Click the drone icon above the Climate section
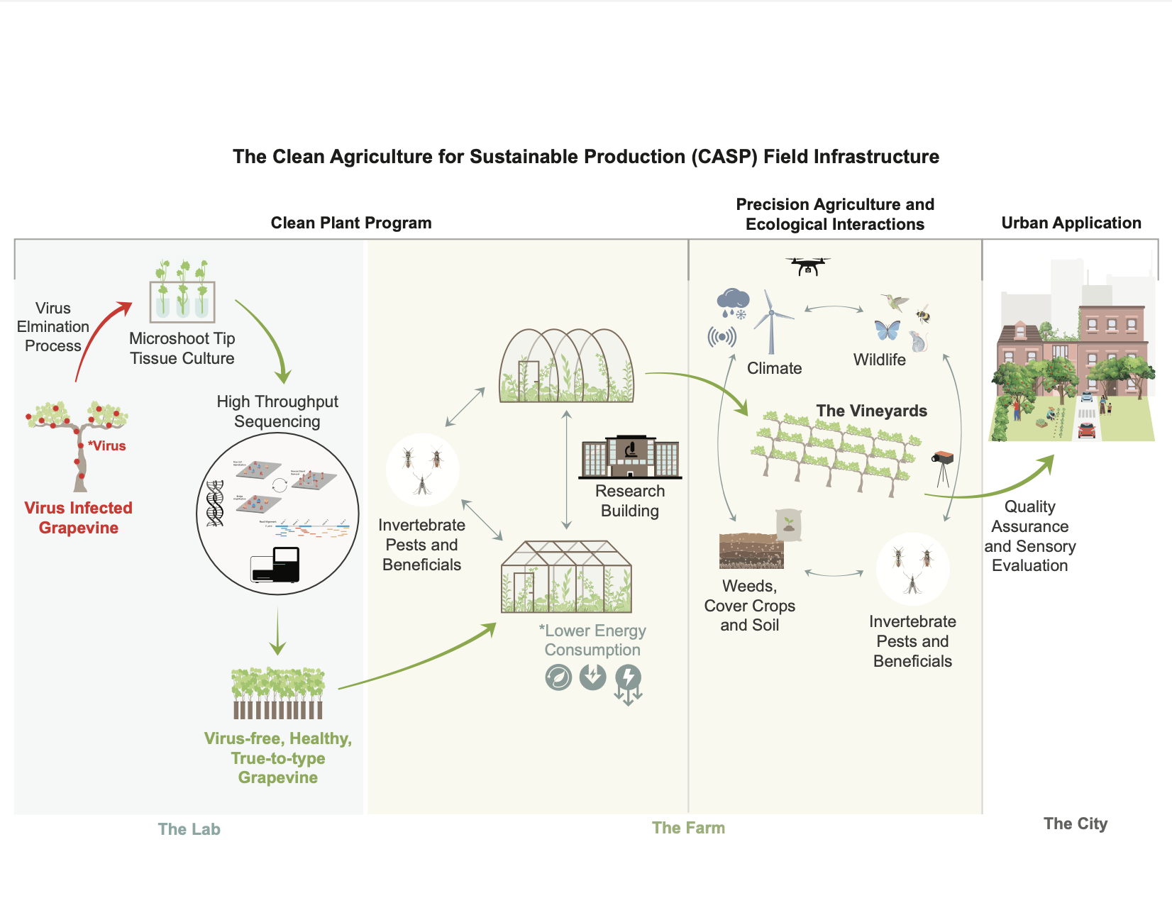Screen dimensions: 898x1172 pos(807,266)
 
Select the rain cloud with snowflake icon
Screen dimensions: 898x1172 pos(733,302)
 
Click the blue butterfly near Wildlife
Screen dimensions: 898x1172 pos(887,330)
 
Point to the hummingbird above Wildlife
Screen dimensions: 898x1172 pos(895,301)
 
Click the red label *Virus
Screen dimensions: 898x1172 pos(107,445)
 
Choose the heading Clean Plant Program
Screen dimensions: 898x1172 pos(351,223)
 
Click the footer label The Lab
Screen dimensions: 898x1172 pos(189,829)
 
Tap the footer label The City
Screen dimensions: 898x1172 pos(1075,824)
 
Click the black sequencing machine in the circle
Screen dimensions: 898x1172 pos(275,565)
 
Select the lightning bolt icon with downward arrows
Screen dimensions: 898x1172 pos(628,683)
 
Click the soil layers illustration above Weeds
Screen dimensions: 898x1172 pos(751,550)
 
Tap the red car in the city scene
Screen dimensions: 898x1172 pos(1086,430)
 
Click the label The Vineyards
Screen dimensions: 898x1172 pos(871,411)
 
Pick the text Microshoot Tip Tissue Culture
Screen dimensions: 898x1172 pos(182,348)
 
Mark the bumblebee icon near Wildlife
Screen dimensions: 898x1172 pos(922,314)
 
